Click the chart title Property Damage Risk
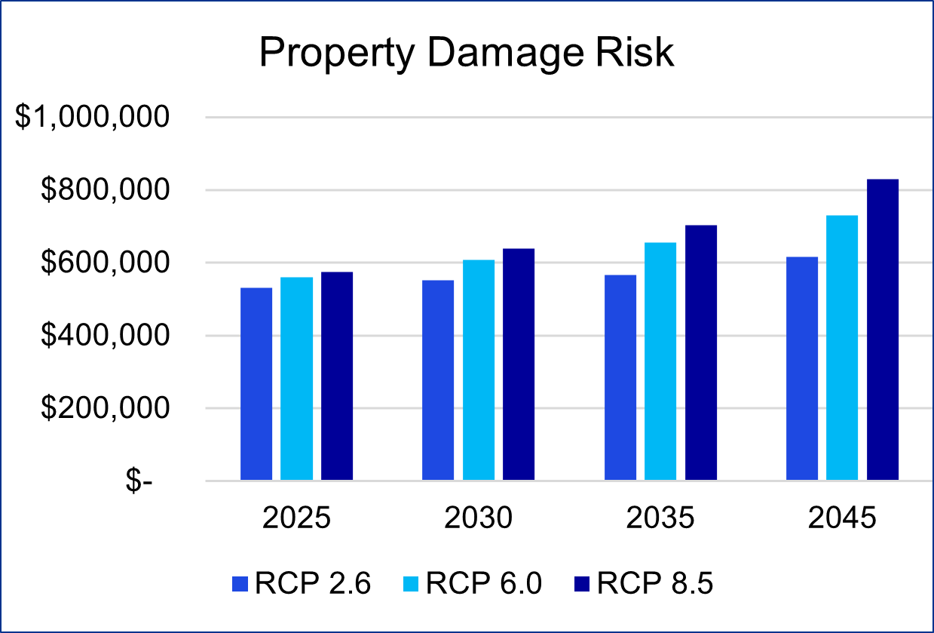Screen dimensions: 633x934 [x=466, y=54]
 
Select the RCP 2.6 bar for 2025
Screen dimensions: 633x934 [x=256, y=383]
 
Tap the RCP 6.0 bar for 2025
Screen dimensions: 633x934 [x=296, y=378]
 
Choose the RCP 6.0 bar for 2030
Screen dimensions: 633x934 [x=479, y=370]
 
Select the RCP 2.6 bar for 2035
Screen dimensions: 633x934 [x=620, y=377]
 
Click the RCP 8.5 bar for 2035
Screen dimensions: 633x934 [x=701, y=352]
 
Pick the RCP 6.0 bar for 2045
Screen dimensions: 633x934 [x=842, y=347]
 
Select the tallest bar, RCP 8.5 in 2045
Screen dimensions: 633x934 [x=883, y=329]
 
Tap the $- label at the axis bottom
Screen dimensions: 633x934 [x=139, y=481]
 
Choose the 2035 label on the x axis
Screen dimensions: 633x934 [x=660, y=519]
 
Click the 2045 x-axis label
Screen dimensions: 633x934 [x=842, y=519]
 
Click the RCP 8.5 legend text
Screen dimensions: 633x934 [x=655, y=584]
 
